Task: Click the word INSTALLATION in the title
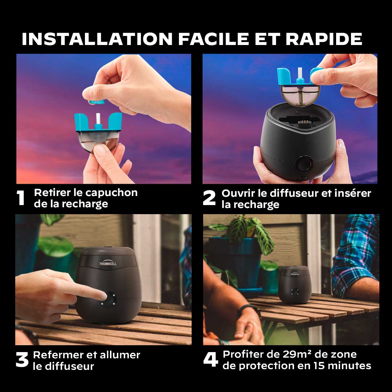click(x=97, y=39)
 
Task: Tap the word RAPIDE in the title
click(x=324, y=39)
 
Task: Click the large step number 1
click(x=20, y=198)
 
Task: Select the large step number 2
click(x=209, y=198)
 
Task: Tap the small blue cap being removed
click(x=97, y=102)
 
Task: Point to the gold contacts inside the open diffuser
click(x=303, y=121)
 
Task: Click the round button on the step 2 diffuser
click(x=305, y=164)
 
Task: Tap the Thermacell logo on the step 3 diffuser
click(x=108, y=264)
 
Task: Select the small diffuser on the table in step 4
click(x=295, y=285)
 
